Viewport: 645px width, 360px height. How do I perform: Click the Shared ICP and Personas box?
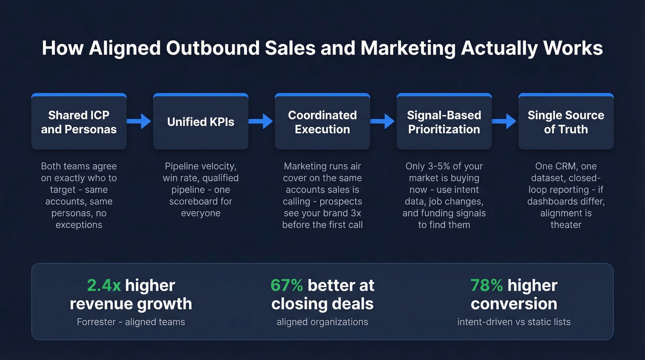(79, 122)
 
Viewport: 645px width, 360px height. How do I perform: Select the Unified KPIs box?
(200, 122)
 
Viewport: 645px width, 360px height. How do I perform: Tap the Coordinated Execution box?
(322, 122)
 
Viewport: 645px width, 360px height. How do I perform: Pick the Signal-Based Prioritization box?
(444, 122)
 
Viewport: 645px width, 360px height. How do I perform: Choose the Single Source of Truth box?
(566, 122)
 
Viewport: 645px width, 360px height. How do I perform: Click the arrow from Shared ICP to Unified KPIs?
(139, 121)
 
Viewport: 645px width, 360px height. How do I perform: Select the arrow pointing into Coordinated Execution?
(261, 121)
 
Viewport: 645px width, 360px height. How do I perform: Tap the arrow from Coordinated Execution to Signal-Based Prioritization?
(383, 121)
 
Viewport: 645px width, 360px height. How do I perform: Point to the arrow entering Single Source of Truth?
(504, 121)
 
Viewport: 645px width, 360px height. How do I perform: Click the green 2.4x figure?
(104, 285)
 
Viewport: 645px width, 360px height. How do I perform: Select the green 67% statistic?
(287, 285)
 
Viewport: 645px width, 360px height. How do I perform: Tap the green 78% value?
(487, 285)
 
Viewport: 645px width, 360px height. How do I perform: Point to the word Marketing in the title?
(408, 48)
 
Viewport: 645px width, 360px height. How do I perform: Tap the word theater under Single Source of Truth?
(566, 225)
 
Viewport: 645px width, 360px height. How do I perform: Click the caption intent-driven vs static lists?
(514, 322)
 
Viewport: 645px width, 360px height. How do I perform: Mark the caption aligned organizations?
(322, 322)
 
